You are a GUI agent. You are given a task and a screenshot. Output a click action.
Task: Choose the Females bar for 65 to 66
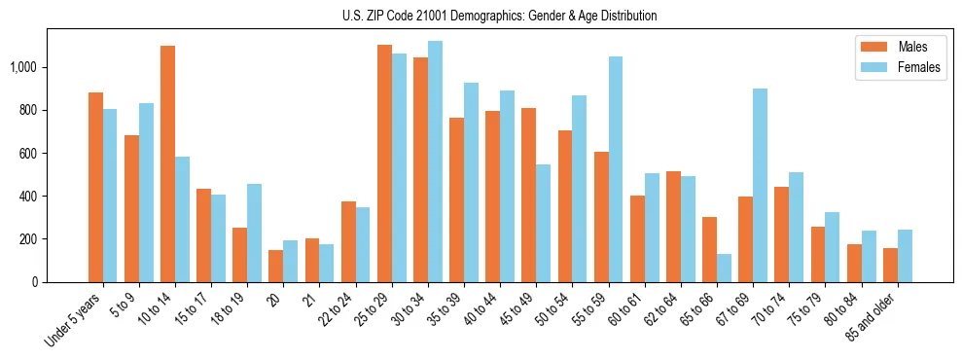click(724, 268)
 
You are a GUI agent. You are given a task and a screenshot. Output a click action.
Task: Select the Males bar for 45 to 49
click(528, 195)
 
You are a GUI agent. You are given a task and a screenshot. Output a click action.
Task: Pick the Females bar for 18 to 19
click(254, 233)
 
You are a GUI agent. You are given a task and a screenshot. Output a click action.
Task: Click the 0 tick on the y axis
click(36, 282)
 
